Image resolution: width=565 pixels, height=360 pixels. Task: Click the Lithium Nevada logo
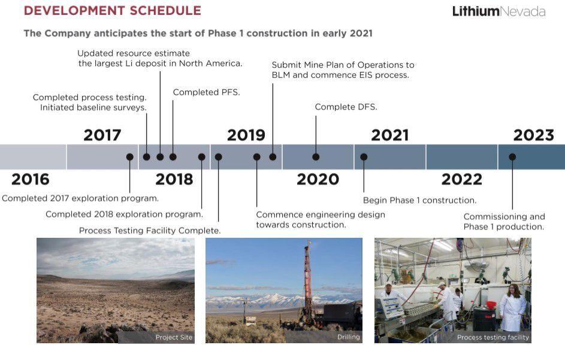(498, 11)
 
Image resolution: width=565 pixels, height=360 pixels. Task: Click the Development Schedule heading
(113, 10)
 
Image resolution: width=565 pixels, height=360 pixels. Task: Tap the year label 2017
(102, 135)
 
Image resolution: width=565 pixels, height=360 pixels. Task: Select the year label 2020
(318, 179)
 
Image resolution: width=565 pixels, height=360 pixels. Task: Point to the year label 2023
(534, 135)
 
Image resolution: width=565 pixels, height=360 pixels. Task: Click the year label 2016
(31, 179)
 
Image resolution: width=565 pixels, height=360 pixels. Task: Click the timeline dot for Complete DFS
(316, 157)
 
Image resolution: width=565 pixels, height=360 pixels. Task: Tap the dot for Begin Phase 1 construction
(364, 157)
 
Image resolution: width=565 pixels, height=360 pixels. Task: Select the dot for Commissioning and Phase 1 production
(512, 157)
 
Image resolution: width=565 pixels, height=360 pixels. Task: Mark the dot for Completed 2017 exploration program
(130, 157)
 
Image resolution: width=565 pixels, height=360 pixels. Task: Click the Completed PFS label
(207, 92)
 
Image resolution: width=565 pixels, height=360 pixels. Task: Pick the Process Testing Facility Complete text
(150, 231)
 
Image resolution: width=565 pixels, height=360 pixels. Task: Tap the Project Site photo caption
(174, 337)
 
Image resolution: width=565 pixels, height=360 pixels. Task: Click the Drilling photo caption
(349, 337)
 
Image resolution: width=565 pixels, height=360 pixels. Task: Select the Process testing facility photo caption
(493, 337)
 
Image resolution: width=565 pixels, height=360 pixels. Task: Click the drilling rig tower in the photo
(307, 277)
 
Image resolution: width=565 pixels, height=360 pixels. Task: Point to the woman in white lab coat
(513, 307)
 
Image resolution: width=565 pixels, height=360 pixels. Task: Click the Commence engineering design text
(321, 219)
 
